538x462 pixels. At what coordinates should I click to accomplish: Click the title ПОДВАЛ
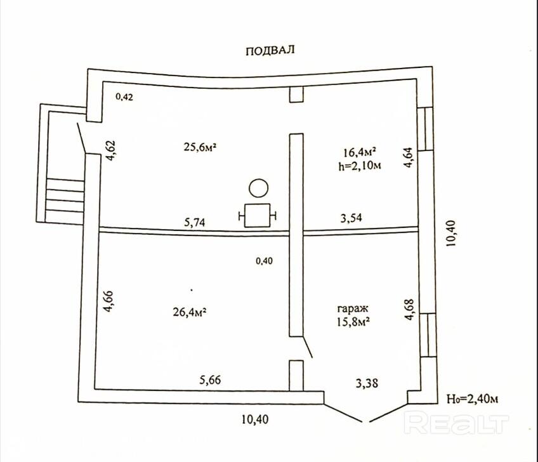click(270, 51)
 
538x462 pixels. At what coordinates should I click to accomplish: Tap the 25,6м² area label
click(200, 147)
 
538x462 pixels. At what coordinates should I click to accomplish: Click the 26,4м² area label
click(190, 312)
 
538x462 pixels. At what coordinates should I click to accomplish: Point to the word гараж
click(353, 308)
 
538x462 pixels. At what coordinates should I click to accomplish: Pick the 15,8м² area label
click(353, 321)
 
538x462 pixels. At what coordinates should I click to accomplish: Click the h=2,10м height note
click(360, 166)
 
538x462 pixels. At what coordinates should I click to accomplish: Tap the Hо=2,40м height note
click(472, 399)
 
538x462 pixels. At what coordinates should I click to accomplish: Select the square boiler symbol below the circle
click(258, 215)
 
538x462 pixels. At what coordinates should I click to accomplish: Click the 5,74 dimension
click(195, 222)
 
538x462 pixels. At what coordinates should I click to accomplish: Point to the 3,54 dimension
click(351, 218)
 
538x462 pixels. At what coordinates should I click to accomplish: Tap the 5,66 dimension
click(211, 380)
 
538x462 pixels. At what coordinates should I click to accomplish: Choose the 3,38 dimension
click(367, 383)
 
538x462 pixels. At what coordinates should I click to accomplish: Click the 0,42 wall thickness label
click(124, 97)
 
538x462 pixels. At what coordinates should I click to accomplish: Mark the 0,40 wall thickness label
click(264, 261)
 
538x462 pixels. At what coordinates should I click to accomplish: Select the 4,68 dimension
click(410, 310)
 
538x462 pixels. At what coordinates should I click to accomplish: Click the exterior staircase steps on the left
click(65, 199)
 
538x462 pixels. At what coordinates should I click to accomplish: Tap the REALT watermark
click(456, 423)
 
